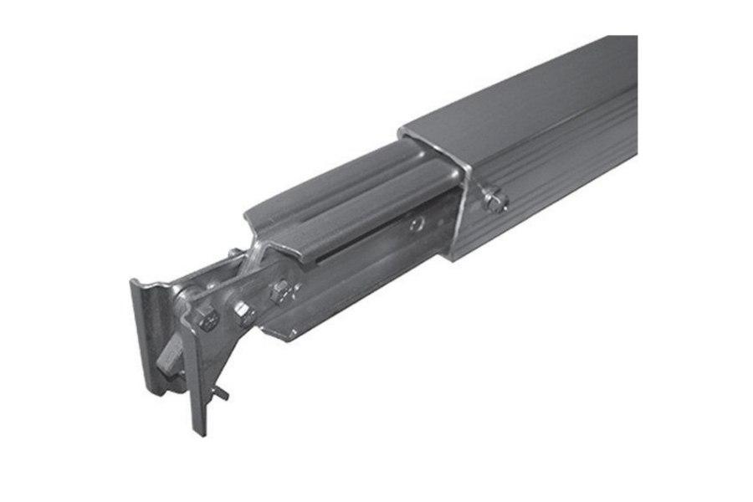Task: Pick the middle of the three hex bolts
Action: tap(243, 311)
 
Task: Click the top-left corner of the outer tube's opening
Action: tap(402, 132)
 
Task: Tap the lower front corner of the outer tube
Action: tap(453, 259)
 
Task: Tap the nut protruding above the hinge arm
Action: tap(233, 254)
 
